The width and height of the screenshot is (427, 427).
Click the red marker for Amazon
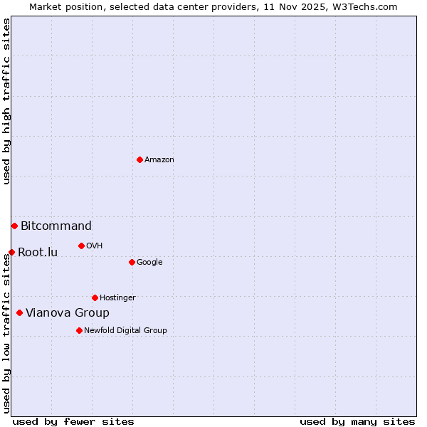(139, 159)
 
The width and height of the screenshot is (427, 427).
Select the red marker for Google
(132, 262)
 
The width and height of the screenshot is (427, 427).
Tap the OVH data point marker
(81, 246)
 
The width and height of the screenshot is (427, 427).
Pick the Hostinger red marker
(95, 297)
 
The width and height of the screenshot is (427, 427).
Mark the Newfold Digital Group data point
(79, 330)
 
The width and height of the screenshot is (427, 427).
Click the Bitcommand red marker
(14, 226)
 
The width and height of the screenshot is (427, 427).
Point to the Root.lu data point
(11, 252)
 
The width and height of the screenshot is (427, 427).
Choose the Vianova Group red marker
(19, 312)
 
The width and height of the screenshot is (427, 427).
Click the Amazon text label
(159, 160)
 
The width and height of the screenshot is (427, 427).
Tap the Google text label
(149, 263)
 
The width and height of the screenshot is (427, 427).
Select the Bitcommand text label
(56, 226)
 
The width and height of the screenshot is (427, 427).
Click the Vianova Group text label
(68, 313)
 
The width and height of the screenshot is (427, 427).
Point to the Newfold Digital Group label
(125, 331)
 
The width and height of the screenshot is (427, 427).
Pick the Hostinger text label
(117, 298)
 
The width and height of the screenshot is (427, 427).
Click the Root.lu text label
(38, 253)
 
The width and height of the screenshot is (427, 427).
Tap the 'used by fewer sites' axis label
(73, 422)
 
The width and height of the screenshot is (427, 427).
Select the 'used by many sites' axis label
(357, 422)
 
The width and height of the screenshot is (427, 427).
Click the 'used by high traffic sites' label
(6, 101)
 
